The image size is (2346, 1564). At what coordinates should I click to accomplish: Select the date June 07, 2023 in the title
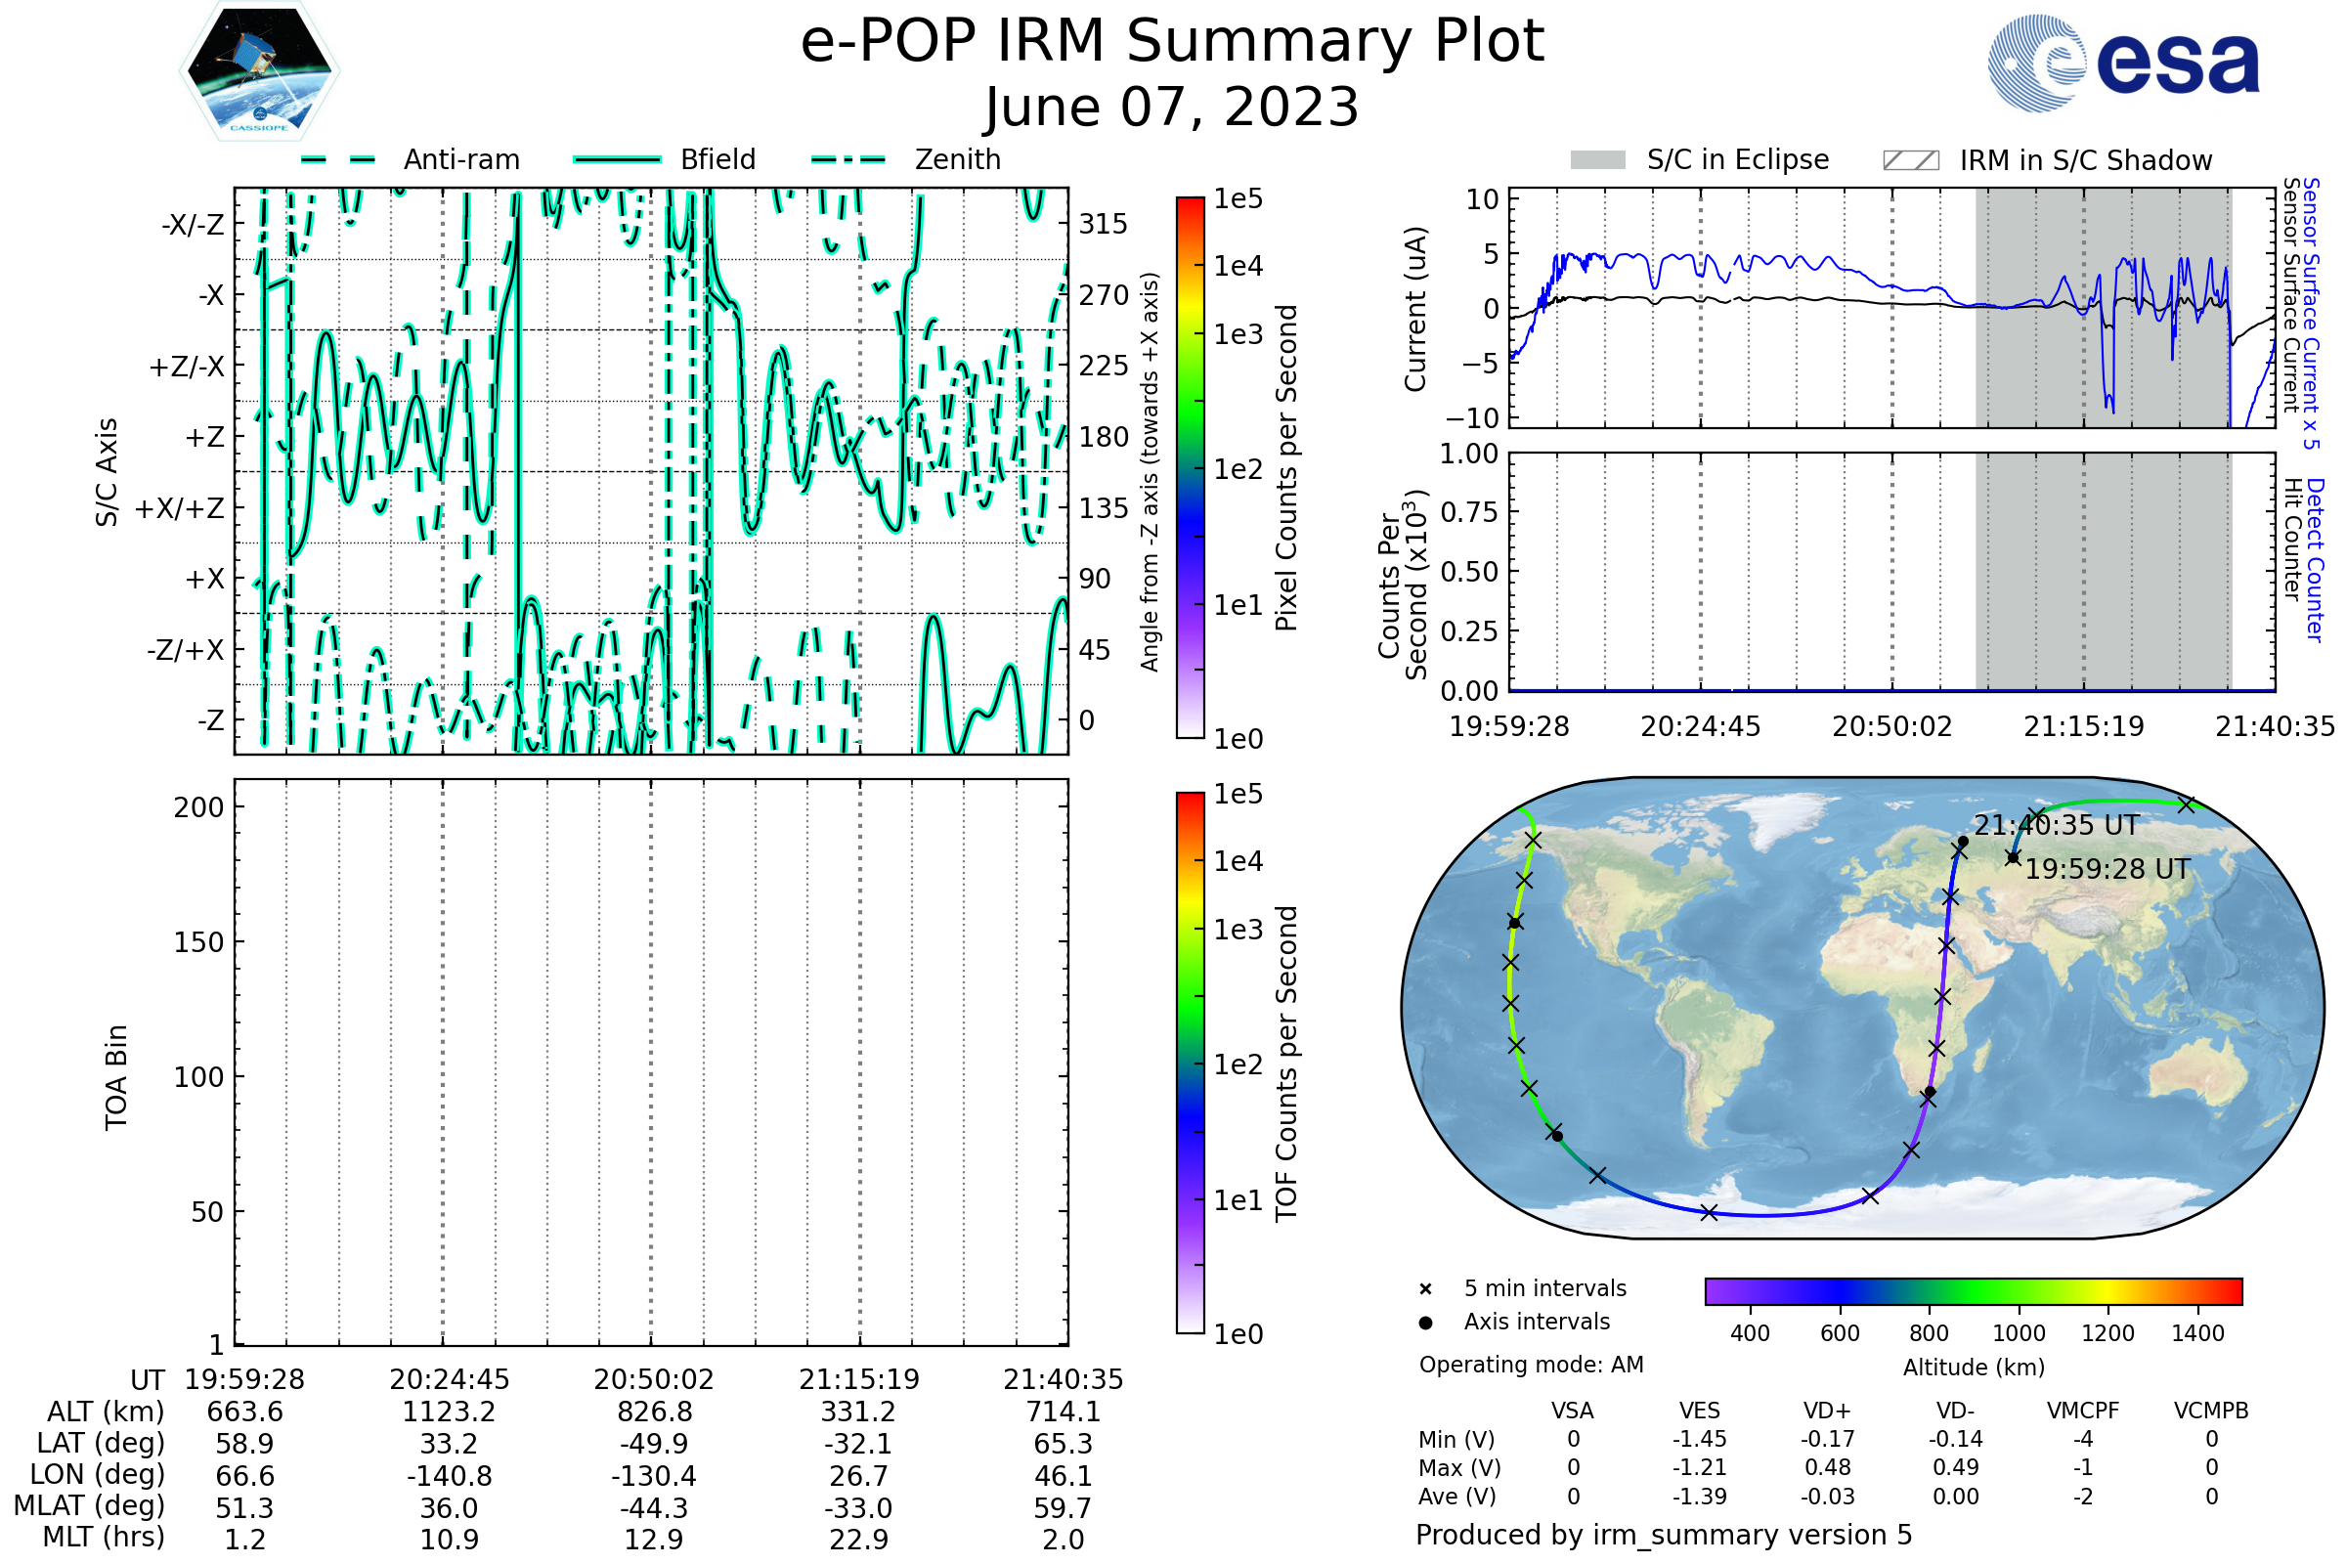pyautogui.click(x=1172, y=107)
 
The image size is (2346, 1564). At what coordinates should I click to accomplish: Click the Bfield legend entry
pyautogui.click(x=717, y=159)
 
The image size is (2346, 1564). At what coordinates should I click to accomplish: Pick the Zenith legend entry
pyautogui.click(x=957, y=159)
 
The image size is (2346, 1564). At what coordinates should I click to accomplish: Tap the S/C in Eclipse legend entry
pyautogui.click(x=1737, y=159)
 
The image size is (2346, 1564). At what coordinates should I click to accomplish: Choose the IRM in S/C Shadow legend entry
pyautogui.click(x=2085, y=160)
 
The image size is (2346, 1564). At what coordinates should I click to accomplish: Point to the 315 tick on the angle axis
pyautogui.click(x=1103, y=224)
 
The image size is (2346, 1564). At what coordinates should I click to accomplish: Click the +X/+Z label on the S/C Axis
pyautogui.click(x=180, y=508)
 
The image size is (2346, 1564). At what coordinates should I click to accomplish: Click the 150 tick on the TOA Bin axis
pyautogui.click(x=198, y=942)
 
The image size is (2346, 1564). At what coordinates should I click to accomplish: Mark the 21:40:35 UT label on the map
pyautogui.click(x=2057, y=826)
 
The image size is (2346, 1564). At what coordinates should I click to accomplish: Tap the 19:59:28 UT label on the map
pyautogui.click(x=2107, y=870)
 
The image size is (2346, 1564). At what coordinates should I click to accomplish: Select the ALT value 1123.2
pyautogui.click(x=449, y=1412)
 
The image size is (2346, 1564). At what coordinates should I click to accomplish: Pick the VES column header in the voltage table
pyautogui.click(x=1700, y=1412)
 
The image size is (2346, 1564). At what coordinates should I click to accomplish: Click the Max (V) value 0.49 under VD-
pyautogui.click(x=1955, y=1468)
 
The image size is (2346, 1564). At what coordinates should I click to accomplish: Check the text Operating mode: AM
pyautogui.click(x=1531, y=1365)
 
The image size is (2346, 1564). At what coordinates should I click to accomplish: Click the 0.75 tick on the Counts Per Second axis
pyautogui.click(x=1469, y=512)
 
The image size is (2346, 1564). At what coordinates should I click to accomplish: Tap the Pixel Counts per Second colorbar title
pyautogui.click(x=1286, y=468)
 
